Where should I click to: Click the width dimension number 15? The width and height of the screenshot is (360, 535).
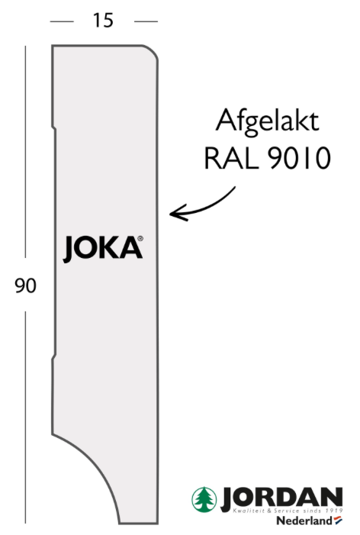tap(103, 21)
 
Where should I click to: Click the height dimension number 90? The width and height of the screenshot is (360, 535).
tap(26, 285)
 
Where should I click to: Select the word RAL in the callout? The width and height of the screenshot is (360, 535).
tap(231, 158)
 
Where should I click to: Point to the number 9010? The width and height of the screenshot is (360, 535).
tap(299, 158)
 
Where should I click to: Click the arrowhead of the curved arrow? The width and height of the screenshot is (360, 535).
tap(178, 213)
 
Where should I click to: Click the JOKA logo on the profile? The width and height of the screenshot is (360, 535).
tap(103, 249)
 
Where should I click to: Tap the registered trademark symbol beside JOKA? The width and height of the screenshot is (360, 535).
tap(140, 238)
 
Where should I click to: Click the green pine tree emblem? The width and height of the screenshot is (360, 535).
tap(204, 500)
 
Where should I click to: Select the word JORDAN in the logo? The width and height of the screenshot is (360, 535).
tap(281, 498)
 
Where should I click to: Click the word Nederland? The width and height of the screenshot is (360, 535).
tap(304, 521)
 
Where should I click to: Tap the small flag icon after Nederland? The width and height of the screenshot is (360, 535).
tap(338, 520)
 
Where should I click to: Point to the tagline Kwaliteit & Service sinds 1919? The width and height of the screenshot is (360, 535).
tap(288, 511)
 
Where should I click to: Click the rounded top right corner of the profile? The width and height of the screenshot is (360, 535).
tap(153, 50)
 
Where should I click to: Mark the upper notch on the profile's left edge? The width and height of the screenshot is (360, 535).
tap(54, 128)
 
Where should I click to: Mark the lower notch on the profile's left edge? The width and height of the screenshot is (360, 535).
tap(54, 357)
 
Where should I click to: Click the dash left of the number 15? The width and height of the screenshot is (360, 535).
tap(62, 21)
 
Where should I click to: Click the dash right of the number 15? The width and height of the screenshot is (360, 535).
tap(146, 21)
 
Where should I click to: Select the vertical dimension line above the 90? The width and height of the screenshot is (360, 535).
tap(25, 151)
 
